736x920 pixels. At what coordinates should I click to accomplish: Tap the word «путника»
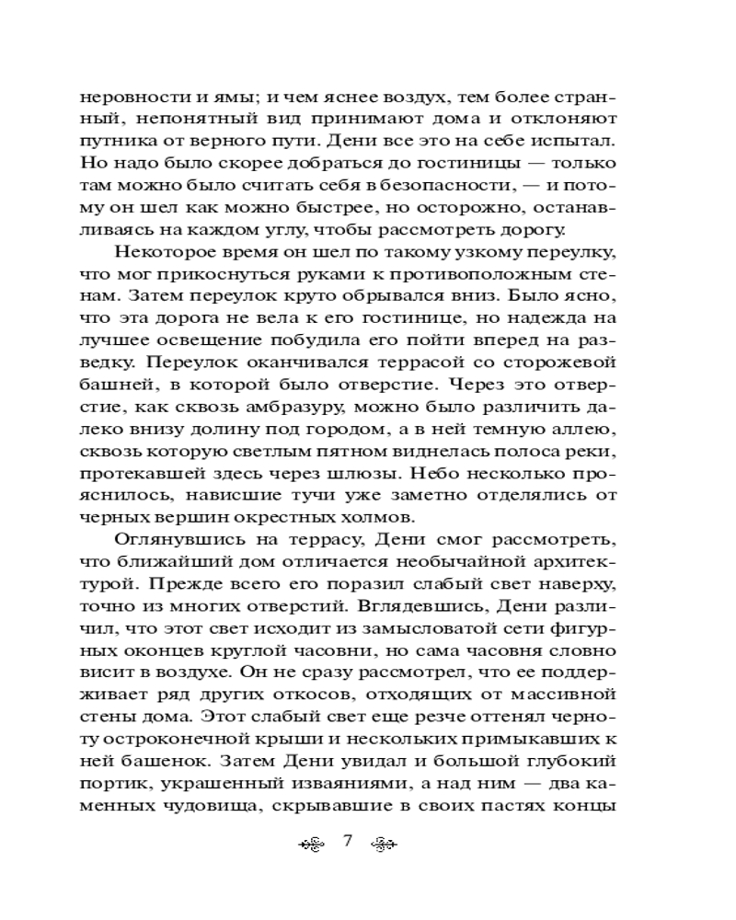[x=114, y=142]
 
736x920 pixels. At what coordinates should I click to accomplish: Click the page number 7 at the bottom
[x=348, y=843]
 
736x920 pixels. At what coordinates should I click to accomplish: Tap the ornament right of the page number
[x=382, y=844]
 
